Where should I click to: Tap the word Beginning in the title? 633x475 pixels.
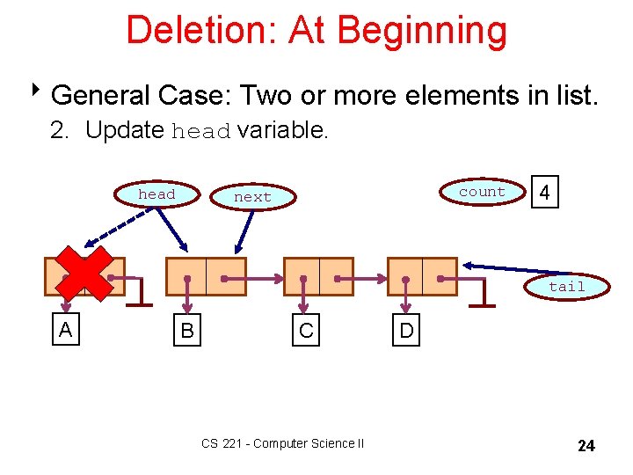pos(422,30)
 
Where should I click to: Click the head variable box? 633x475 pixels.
pos(156,194)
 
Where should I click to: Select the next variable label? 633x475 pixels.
pos(252,197)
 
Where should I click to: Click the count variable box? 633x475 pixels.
pos(482,192)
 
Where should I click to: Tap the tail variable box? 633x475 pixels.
pos(566,287)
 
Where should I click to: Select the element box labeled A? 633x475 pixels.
pos(64,330)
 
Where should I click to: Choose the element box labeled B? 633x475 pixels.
pos(186,332)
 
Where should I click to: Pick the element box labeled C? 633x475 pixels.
pos(306,332)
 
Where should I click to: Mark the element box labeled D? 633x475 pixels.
pos(407,332)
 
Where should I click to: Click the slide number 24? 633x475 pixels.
pos(586,446)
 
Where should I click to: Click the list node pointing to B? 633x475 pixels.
pos(207,276)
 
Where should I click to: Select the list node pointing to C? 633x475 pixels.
pos(318,276)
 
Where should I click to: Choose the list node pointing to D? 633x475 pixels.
pos(422,276)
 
